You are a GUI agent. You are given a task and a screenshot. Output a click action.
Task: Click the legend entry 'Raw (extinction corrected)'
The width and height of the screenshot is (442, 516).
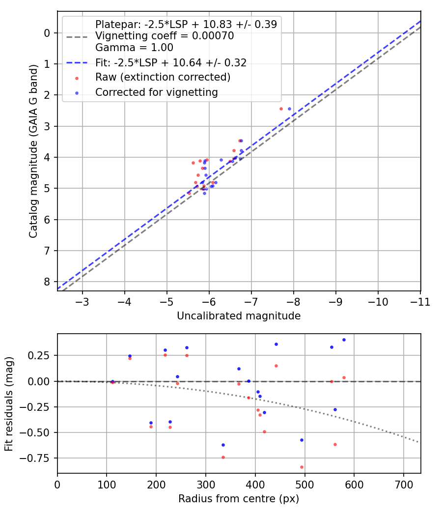(163, 77)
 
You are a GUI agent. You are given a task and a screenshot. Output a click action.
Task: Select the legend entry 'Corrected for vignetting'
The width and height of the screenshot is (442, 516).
(156, 92)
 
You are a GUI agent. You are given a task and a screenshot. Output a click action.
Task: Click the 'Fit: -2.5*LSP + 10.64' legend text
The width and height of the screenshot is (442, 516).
(170, 62)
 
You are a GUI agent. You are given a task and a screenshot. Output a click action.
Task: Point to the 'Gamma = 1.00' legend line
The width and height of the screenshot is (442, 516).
(134, 48)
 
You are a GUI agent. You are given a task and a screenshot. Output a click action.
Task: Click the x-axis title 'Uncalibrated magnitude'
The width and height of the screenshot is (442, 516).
(239, 316)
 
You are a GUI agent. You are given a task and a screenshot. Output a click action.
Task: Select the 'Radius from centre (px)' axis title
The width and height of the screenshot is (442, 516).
(239, 499)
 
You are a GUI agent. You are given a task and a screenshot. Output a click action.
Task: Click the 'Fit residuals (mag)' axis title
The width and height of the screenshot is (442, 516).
(9, 404)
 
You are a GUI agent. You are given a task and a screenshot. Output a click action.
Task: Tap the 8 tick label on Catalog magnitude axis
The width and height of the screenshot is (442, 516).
(47, 282)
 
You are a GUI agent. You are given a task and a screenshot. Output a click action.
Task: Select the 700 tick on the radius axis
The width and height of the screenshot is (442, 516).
(403, 485)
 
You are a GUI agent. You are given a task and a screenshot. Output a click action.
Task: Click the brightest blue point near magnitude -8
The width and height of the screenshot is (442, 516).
(289, 109)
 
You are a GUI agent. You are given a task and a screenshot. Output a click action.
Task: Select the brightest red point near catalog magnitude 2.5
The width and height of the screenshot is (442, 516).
(281, 109)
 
